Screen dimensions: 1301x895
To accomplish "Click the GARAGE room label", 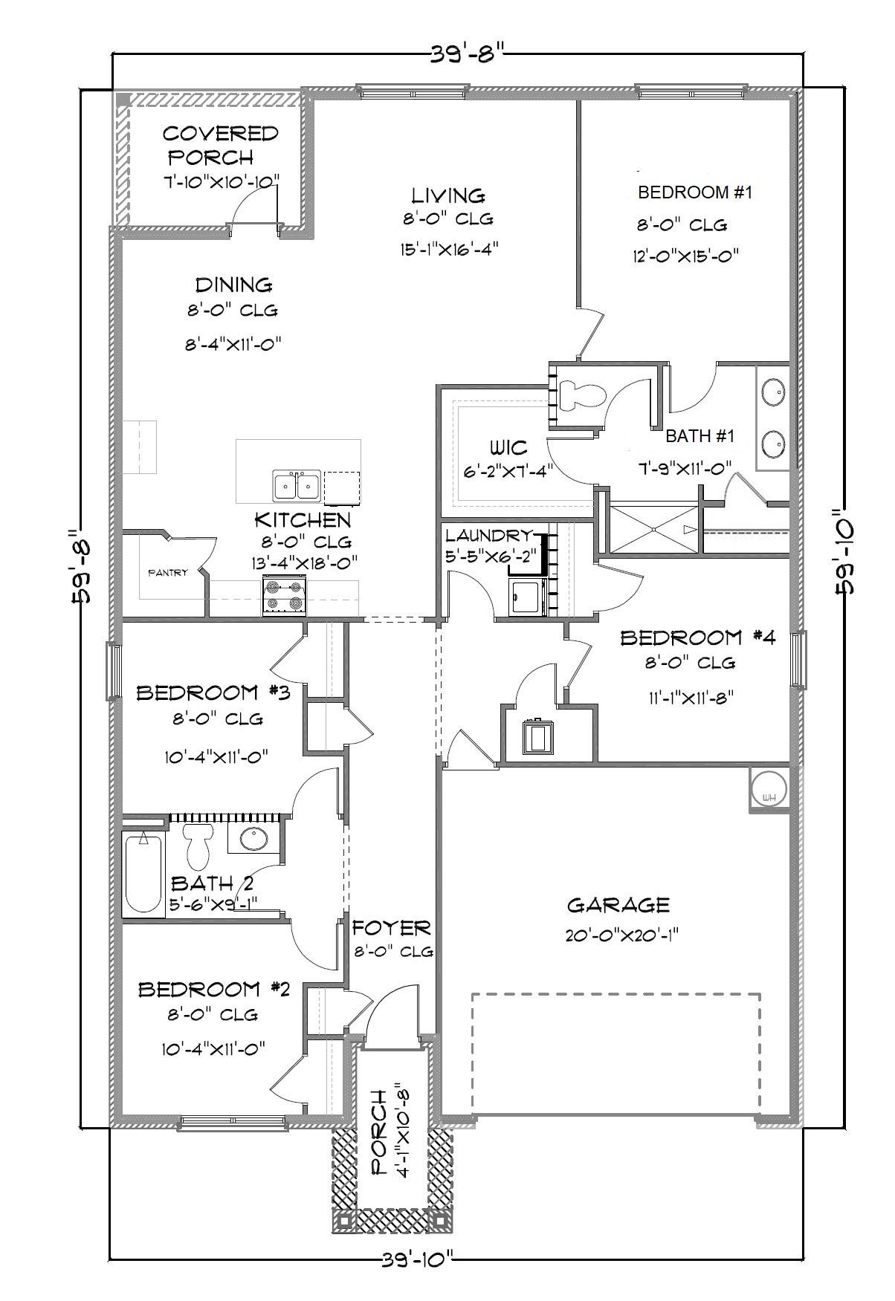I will tap(618, 905).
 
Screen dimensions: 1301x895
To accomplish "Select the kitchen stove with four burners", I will tap(285, 596).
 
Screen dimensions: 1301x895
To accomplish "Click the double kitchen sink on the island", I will tap(297, 486).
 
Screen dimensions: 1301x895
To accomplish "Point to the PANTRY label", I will tap(168, 573).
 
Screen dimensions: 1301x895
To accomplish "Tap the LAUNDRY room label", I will tap(488, 535).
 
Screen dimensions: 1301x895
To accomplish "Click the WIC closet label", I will tap(508, 448).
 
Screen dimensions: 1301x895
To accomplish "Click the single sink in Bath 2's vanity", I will tap(254, 838).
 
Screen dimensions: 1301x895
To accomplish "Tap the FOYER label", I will tap(391, 928).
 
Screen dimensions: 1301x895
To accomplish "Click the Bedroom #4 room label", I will tap(698, 637).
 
